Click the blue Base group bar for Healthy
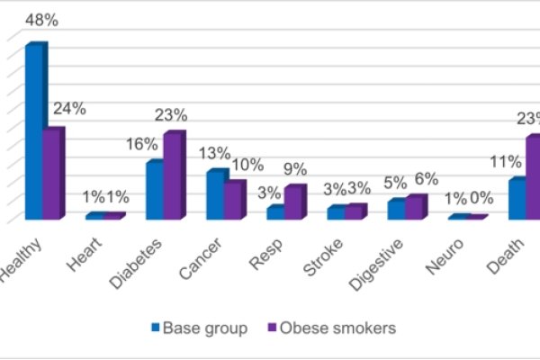(x=33, y=131)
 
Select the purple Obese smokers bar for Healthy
(x=53, y=175)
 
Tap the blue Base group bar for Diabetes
(x=155, y=191)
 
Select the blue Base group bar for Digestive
(x=396, y=209)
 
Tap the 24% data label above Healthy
(x=68, y=108)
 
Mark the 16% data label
(x=141, y=143)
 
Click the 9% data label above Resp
(x=294, y=168)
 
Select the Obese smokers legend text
(x=338, y=328)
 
